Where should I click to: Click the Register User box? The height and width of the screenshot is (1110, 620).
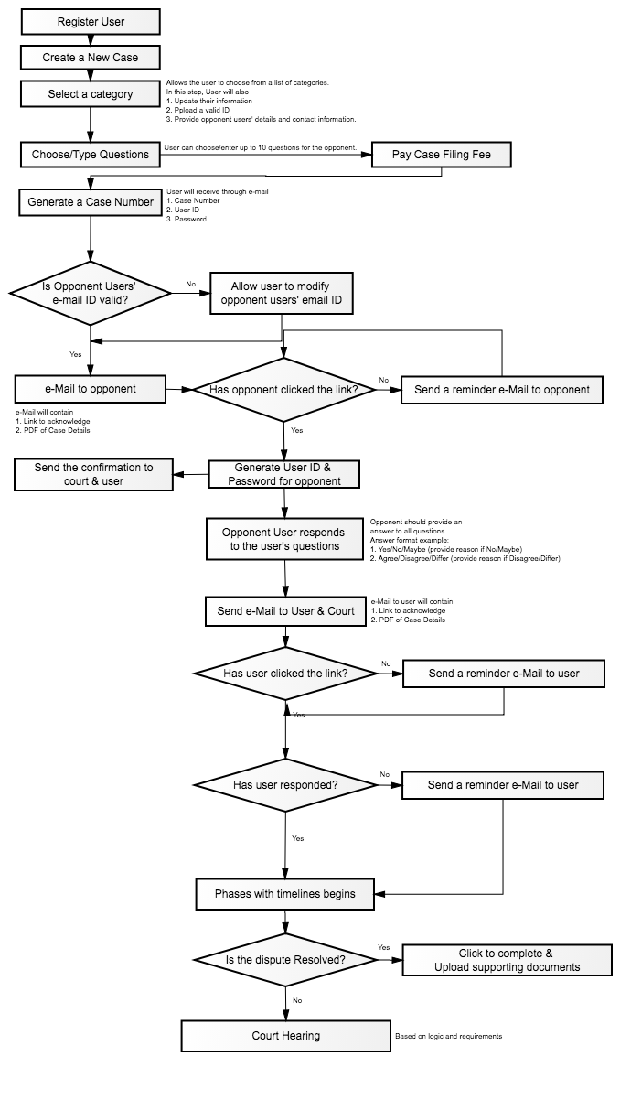click(91, 22)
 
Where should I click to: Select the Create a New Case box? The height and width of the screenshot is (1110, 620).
click(91, 58)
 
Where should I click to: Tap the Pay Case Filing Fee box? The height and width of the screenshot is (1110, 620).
click(442, 155)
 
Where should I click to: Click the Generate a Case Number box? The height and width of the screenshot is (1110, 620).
click(91, 202)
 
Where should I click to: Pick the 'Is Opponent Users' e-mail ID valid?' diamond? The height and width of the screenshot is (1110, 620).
click(91, 293)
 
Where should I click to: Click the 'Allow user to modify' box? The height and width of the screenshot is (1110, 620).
click(282, 293)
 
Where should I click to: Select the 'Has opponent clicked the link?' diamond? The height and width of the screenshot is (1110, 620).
click(283, 390)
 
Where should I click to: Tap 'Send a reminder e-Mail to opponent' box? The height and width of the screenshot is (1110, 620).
click(502, 390)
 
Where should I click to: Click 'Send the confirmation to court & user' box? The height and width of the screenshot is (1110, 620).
click(93, 474)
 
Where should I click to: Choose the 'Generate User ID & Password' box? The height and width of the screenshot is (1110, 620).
click(284, 474)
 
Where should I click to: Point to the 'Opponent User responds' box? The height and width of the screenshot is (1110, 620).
click(284, 539)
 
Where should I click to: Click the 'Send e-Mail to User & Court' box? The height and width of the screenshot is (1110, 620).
click(285, 611)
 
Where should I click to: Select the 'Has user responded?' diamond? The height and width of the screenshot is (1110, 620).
click(285, 785)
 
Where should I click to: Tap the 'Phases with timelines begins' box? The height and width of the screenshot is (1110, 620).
click(284, 894)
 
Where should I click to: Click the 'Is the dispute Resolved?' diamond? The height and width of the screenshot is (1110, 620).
click(285, 959)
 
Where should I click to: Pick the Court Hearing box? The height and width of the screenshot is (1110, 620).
click(285, 1036)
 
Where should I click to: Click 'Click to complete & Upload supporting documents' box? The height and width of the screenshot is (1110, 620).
click(508, 960)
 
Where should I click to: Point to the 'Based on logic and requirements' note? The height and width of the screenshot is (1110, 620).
click(449, 1036)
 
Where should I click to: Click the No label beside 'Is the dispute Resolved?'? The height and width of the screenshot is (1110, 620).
click(297, 1000)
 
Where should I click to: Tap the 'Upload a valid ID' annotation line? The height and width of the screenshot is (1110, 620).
click(198, 110)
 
